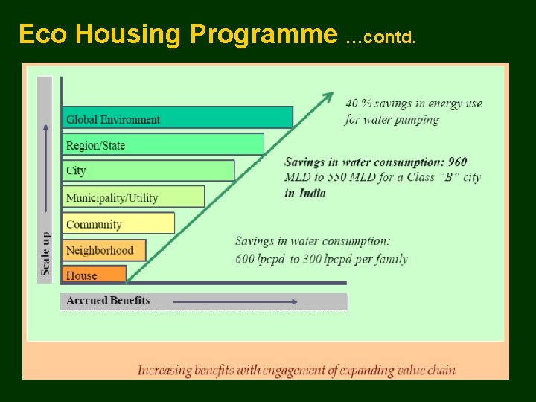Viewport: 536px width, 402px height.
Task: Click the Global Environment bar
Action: coord(177,118)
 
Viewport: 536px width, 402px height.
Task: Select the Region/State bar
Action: coord(162,144)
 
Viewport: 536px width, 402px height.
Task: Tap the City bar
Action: coord(147,170)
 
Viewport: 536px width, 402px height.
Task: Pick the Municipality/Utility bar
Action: coord(133,197)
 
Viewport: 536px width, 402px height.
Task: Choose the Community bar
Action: coord(118,223)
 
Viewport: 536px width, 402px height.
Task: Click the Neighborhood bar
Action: coord(103,250)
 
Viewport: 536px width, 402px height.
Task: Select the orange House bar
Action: coord(93,275)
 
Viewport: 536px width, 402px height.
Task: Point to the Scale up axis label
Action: coord(46,253)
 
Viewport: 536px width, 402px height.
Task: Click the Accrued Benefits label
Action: coord(108,301)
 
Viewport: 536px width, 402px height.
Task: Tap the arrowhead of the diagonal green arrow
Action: coord(327,97)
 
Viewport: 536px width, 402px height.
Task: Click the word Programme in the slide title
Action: coord(264,34)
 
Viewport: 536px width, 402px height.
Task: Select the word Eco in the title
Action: coord(43,34)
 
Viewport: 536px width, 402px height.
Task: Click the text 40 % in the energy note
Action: coord(358,103)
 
